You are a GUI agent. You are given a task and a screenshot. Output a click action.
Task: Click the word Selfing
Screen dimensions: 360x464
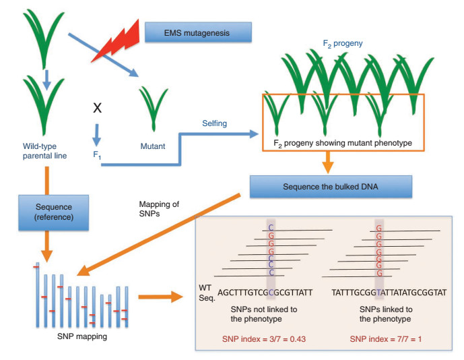[x=214, y=123]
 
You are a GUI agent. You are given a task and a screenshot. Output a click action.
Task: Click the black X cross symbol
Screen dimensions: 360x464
[x=96, y=107]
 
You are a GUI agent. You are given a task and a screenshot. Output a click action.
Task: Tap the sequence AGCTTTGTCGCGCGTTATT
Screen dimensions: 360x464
[x=265, y=293]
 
